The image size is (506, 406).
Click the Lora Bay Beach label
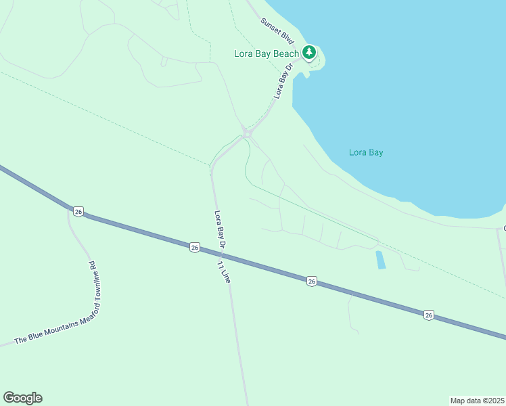267,53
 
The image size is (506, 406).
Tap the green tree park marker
309,52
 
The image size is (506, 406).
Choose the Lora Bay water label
366,152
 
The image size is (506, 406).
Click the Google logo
22,398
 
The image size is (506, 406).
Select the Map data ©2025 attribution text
477,400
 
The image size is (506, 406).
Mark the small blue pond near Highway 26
380,260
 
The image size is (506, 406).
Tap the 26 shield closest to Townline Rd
78,212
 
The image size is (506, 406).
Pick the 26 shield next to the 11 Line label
195,248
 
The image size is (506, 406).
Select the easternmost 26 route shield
429,315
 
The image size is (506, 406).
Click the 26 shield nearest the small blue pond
311,280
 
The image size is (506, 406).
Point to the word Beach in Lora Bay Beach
286,53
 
